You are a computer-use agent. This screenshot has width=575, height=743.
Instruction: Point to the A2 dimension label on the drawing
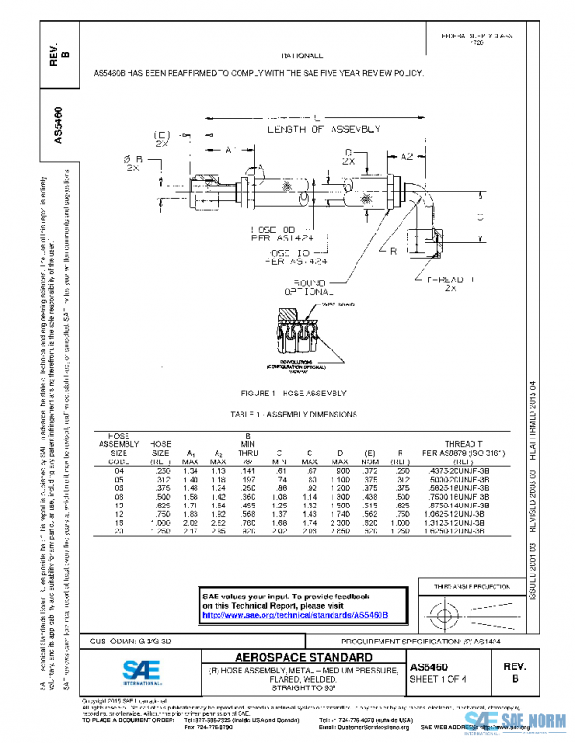407,155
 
